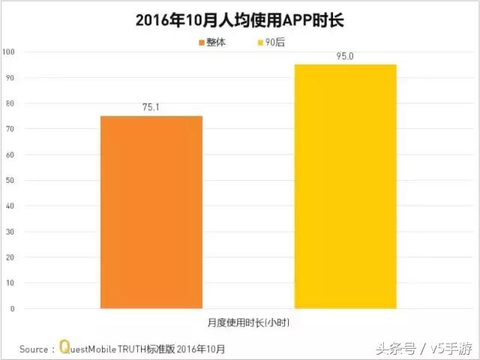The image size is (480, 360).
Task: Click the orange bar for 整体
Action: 151,211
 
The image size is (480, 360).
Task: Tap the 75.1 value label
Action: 151,107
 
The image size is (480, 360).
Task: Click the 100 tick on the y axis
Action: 9,52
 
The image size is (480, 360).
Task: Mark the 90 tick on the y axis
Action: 10,77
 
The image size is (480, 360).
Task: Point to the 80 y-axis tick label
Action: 10,103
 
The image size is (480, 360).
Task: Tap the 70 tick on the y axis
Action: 10,129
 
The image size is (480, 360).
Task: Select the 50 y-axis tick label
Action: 10,180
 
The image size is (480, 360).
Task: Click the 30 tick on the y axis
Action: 10,231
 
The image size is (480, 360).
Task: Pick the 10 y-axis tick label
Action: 10,283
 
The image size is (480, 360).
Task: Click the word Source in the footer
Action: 33,349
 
